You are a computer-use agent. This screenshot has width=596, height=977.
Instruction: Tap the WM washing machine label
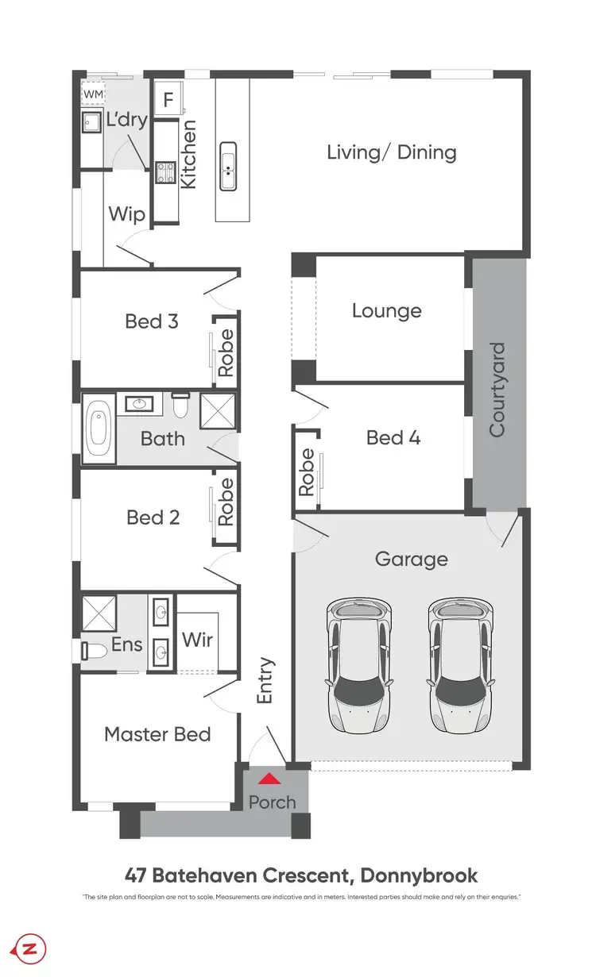pyautogui.click(x=93, y=94)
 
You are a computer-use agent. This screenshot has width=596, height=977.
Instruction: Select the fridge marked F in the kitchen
pyautogui.click(x=168, y=100)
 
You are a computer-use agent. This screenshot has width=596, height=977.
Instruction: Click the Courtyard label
pyautogui.click(x=497, y=389)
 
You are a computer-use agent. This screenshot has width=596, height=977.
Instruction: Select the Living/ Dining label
pyautogui.click(x=392, y=152)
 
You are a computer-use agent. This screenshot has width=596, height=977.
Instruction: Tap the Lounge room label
pyautogui.click(x=386, y=310)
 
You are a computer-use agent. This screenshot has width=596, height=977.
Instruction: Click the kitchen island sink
pyautogui.click(x=228, y=167)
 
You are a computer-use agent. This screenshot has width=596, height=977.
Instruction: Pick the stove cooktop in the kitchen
pyautogui.click(x=165, y=172)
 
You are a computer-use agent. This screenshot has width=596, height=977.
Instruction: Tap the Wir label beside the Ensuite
pyautogui.click(x=197, y=639)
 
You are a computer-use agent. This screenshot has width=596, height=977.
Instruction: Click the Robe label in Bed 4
pyautogui.click(x=308, y=472)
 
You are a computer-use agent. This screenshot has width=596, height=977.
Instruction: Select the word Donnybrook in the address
pyautogui.click(x=419, y=875)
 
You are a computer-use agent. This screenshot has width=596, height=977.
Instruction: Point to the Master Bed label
pyautogui.click(x=157, y=734)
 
